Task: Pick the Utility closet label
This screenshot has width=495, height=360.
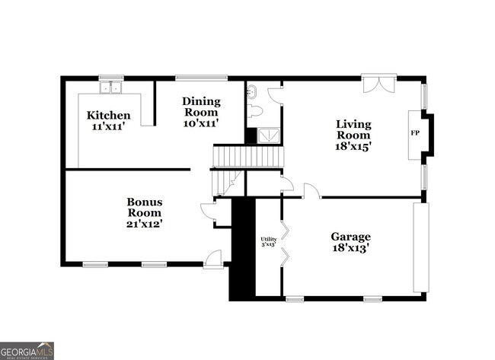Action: click(268, 238)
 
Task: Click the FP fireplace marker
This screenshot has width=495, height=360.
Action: click(415, 133)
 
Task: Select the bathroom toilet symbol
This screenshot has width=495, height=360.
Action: click(255, 112)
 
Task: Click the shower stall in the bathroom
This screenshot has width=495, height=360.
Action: click(268, 135)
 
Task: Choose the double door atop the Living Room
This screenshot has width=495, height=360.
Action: click(378, 83)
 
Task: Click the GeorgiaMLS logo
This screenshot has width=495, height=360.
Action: click(27, 351)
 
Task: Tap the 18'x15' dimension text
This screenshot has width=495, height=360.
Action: click(354, 146)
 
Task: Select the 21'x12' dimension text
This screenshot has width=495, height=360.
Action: click(144, 224)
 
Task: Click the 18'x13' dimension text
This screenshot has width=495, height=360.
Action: click(350, 248)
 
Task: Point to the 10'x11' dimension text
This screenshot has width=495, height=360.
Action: click(201, 122)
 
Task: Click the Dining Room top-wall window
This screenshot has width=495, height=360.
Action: click(201, 77)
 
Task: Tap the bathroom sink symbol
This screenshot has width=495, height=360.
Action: click(252, 94)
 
